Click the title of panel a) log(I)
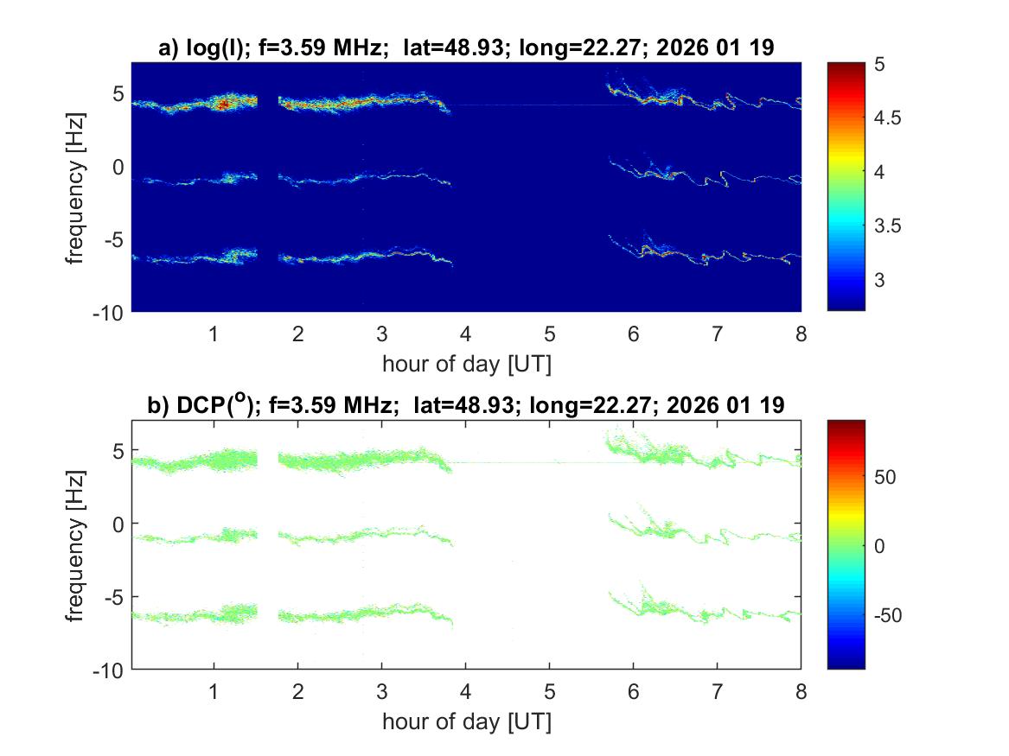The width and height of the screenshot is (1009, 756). (465, 49)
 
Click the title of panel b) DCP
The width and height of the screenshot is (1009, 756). (465, 406)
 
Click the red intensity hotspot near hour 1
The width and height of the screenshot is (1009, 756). (223, 104)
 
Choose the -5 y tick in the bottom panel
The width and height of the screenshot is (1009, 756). (114, 596)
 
